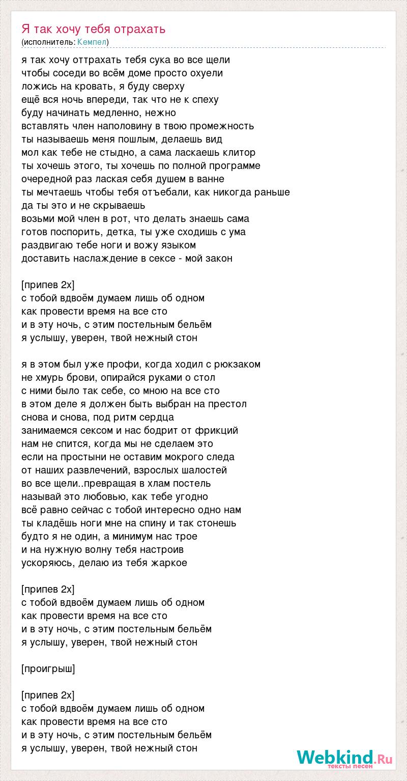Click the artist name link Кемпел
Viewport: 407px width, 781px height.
click(x=92, y=42)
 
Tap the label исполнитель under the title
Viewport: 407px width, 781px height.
click(x=49, y=42)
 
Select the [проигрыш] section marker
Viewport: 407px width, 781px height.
click(x=48, y=668)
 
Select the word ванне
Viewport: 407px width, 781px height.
click(x=211, y=179)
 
